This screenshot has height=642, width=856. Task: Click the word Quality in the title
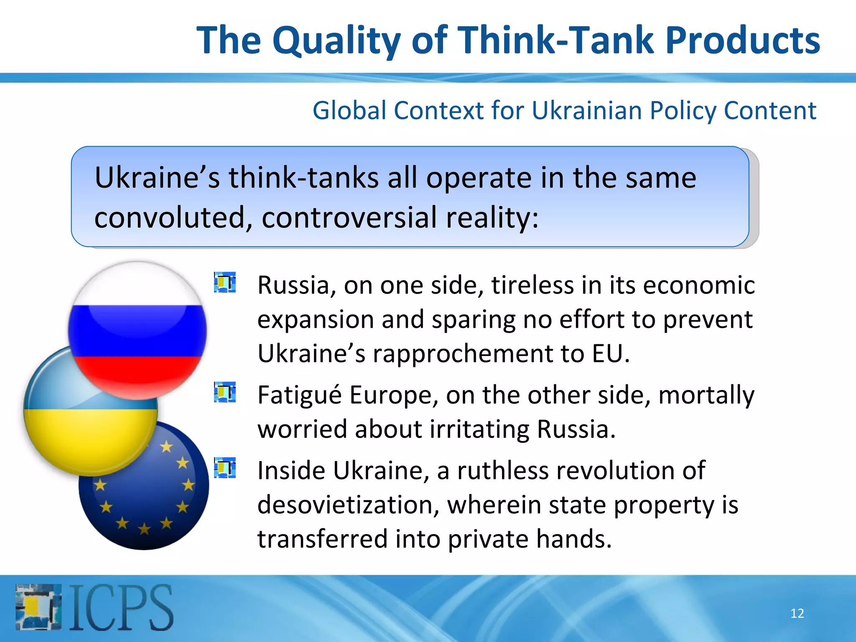pyautogui.click(x=337, y=41)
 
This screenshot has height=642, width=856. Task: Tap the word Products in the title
pyautogui.click(x=742, y=41)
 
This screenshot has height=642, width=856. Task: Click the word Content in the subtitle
pyautogui.click(x=770, y=111)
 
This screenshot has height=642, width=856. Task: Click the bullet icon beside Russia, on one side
pyautogui.click(x=225, y=283)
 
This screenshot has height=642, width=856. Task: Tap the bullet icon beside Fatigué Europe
pyautogui.click(x=225, y=392)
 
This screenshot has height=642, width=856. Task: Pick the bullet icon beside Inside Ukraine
pyautogui.click(x=225, y=468)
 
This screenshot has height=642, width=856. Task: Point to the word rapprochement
pyautogui.click(x=463, y=354)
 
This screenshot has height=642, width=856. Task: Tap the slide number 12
pyautogui.click(x=797, y=613)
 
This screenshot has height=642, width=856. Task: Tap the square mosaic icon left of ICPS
pyautogui.click(x=38, y=607)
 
